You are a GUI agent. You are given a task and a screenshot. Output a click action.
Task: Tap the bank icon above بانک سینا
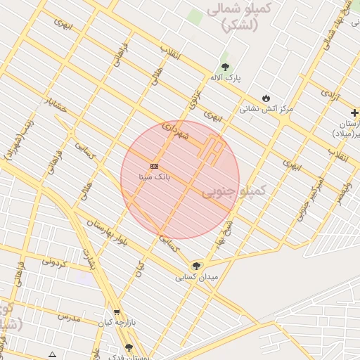(x=155, y=167)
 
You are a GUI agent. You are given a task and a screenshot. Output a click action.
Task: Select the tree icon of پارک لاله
(x=225, y=66)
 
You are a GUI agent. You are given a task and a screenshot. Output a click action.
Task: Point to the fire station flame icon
(x=266, y=97)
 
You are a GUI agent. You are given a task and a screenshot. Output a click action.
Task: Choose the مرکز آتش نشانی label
(x=266, y=109)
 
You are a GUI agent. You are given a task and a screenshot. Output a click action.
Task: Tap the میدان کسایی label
(x=197, y=278)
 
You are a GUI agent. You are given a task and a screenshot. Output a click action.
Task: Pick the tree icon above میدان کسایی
(x=196, y=266)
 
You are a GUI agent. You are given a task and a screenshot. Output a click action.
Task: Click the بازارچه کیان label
(x=115, y=323)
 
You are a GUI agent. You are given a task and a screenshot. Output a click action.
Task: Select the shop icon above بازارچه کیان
(x=116, y=312)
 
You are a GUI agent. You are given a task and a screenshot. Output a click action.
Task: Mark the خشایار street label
(x=54, y=104)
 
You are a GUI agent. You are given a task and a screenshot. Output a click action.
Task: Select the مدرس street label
(x=70, y=318)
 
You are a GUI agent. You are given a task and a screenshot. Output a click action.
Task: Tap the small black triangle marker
(x=52, y=354)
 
